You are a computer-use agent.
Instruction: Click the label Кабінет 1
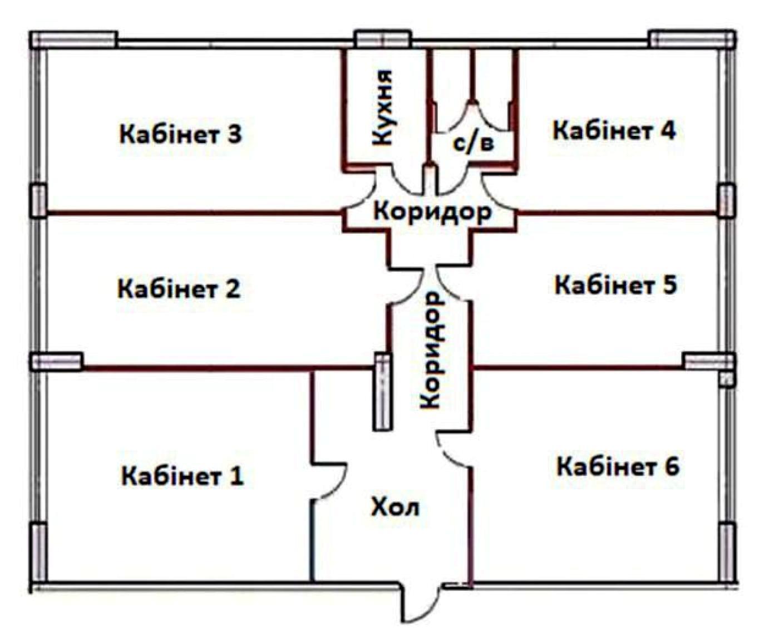(x=183, y=476)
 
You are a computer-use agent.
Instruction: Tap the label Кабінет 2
(x=179, y=289)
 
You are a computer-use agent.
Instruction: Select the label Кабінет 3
(x=181, y=134)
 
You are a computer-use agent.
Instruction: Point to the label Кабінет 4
(x=614, y=131)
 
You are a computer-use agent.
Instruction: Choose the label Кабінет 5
(x=616, y=285)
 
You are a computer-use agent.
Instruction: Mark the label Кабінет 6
(x=618, y=466)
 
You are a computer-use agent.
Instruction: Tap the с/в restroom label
(x=474, y=144)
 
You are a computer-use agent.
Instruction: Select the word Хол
(x=395, y=507)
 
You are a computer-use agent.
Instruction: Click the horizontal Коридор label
(x=432, y=212)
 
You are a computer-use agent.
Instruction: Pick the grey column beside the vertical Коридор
(x=382, y=392)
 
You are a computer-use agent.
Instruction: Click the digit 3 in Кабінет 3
(x=234, y=134)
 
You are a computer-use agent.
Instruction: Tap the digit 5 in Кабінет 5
(x=669, y=285)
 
